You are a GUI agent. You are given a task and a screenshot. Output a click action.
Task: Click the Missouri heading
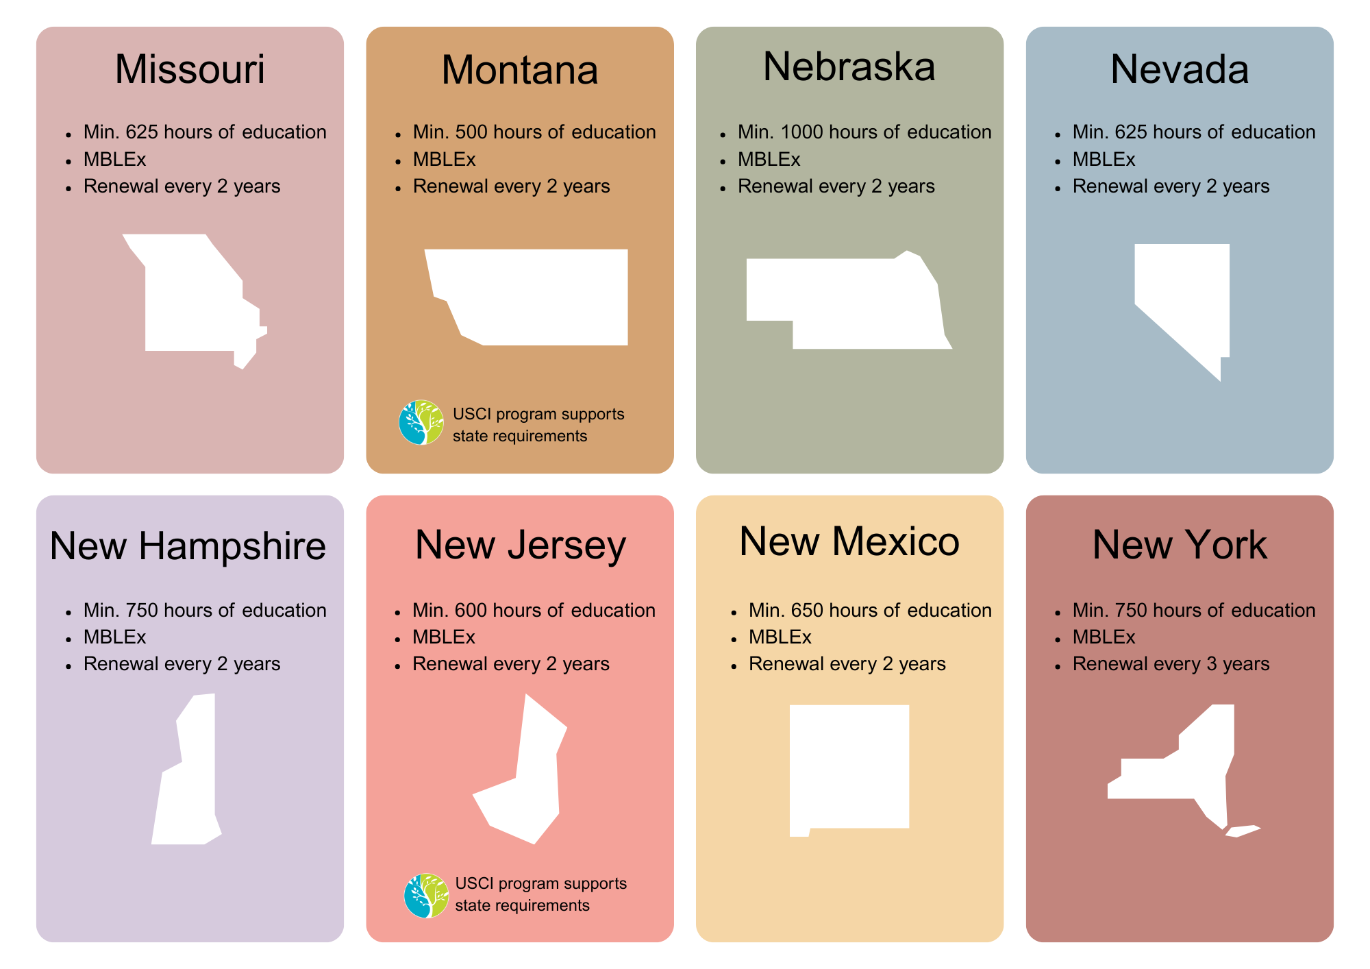point(190,69)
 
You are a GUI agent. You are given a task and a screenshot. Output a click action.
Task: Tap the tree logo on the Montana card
point(421,422)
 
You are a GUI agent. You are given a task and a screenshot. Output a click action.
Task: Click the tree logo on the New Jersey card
point(426,895)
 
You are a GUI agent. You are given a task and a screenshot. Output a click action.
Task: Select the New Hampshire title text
point(188,546)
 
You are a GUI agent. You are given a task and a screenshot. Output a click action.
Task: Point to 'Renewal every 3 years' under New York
point(1171,663)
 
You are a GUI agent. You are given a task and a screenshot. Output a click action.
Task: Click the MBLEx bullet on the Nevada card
point(1104,159)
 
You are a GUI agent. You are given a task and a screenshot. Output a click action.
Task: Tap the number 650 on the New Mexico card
point(807,610)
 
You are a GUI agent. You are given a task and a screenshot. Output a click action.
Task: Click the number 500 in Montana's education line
point(471,132)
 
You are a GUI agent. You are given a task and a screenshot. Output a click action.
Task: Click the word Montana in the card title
point(520,70)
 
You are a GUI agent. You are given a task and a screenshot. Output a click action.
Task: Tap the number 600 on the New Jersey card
point(471,610)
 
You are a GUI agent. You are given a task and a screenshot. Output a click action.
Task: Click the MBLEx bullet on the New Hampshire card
point(114,637)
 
